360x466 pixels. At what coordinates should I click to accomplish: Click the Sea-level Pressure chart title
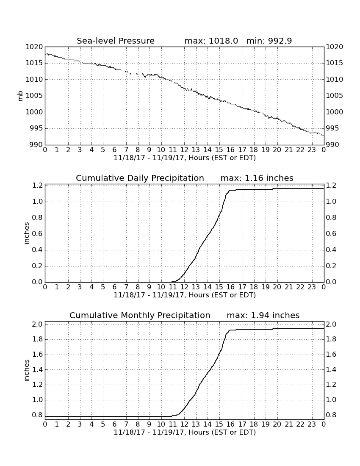coord(116,41)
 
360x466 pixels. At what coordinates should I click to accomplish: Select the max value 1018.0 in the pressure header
coord(223,41)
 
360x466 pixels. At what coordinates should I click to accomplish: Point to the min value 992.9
coord(280,41)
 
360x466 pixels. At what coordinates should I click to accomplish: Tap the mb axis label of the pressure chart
coord(20,96)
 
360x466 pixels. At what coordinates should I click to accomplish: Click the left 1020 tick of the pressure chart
coord(34,47)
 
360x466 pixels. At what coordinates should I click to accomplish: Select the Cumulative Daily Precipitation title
coord(140,178)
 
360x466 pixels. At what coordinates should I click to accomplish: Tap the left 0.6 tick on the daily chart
coord(37,233)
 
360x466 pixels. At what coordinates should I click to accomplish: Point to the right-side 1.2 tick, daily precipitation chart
coord(331,186)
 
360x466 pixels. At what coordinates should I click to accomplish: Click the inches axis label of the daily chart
coord(27,233)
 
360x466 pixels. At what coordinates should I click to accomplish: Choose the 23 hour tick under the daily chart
coord(312,287)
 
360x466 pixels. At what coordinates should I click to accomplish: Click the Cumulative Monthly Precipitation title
coord(140,315)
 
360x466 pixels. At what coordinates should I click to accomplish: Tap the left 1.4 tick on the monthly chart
coord(37,369)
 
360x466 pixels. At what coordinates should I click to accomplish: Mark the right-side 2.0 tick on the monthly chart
coord(331,324)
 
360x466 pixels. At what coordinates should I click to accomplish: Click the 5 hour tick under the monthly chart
coord(103,424)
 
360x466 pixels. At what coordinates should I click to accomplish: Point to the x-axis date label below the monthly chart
coord(185,432)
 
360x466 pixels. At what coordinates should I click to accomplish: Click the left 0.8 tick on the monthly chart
coord(37,415)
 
